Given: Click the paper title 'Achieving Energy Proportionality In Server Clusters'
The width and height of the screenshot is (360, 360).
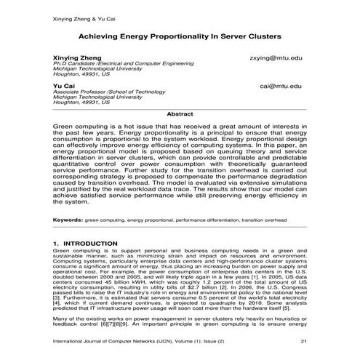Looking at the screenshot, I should tap(180, 34).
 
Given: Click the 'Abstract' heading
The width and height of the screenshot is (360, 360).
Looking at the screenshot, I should tap(180, 114).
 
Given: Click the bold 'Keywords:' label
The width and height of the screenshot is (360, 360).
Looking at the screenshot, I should tap(68, 219).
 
